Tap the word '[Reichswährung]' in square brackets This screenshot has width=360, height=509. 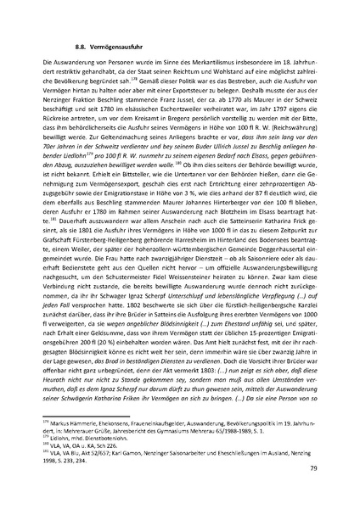287,138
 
